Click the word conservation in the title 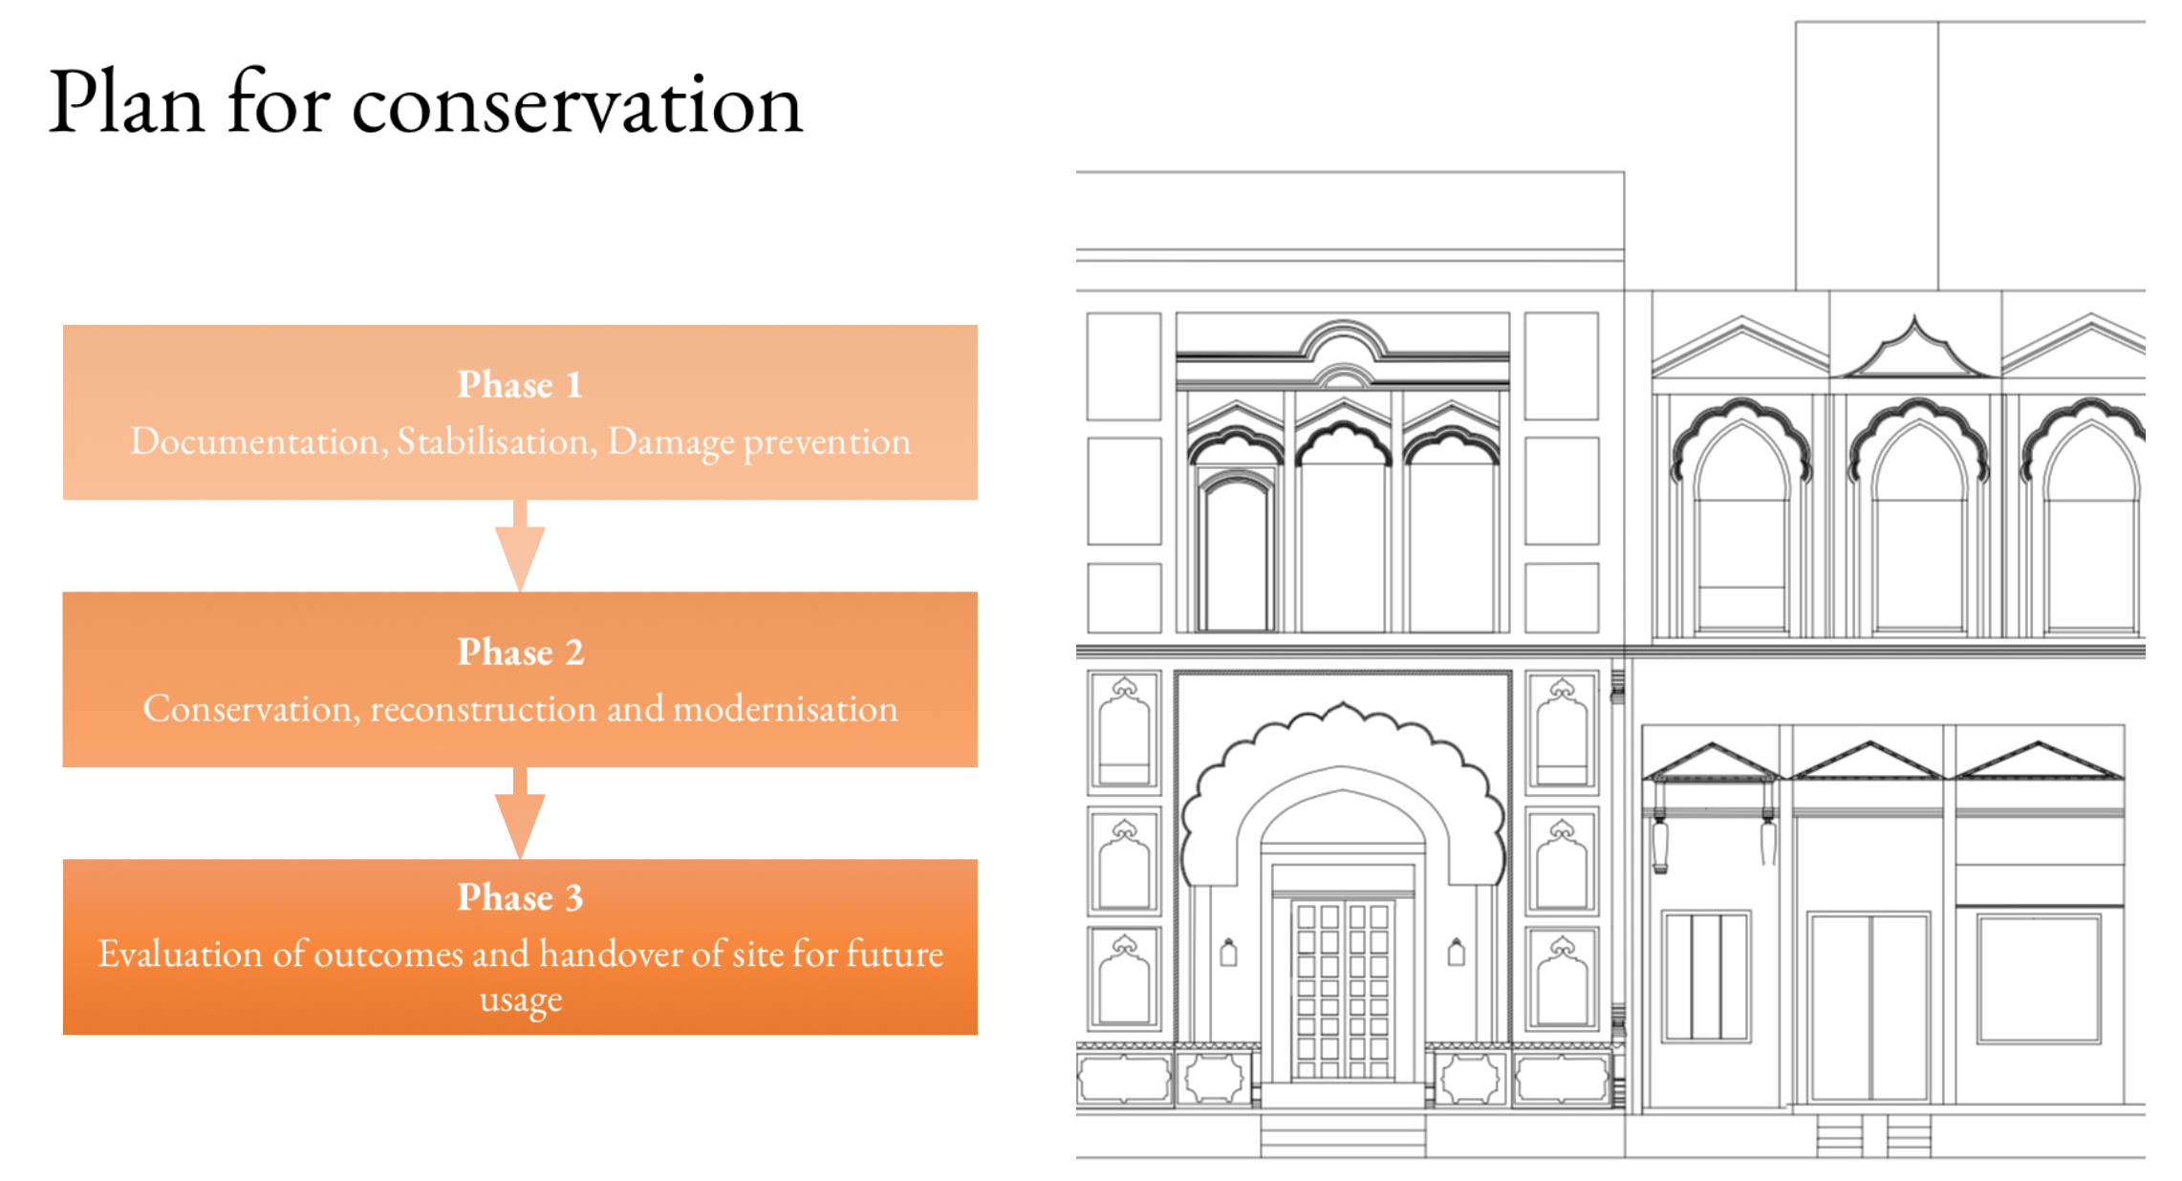(x=577, y=104)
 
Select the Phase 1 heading (x=520, y=384)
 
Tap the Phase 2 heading (x=520, y=652)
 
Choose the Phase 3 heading (x=520, y=897)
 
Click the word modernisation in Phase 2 (x=786, y=709)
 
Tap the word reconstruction (x=485, y=709)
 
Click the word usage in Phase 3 (x=521, y=1000)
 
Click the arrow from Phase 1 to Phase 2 (x=520, y=546)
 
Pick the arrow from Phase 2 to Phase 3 (x=520, y=813)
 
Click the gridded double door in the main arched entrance (x=1343, y=989)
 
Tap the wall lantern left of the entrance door (x=1229, y=953)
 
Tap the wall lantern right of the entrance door (x=1457, y=953)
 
